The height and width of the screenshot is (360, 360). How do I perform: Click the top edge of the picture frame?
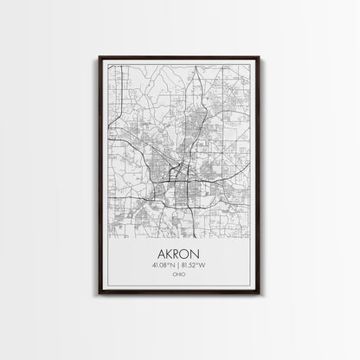pyautogui.click(x=180, y=57)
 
